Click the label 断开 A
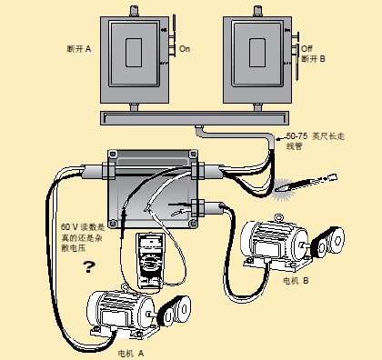(x=79, y=49)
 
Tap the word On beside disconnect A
(x=185, y=48)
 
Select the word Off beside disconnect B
(x=307, y=48)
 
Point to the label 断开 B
(x=313, y=58)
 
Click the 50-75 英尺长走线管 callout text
(x=316, y=141)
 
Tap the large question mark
(x=89, y=266)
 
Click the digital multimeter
(x=149, y=261)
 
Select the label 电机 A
(x=131, y=354)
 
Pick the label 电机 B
(x=296, y=281)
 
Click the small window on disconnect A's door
(x=134, y=53)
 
